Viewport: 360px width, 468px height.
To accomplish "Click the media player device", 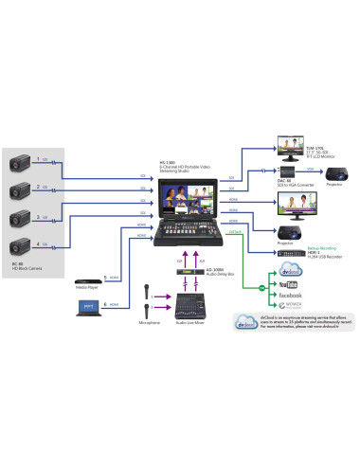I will point(88,254).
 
